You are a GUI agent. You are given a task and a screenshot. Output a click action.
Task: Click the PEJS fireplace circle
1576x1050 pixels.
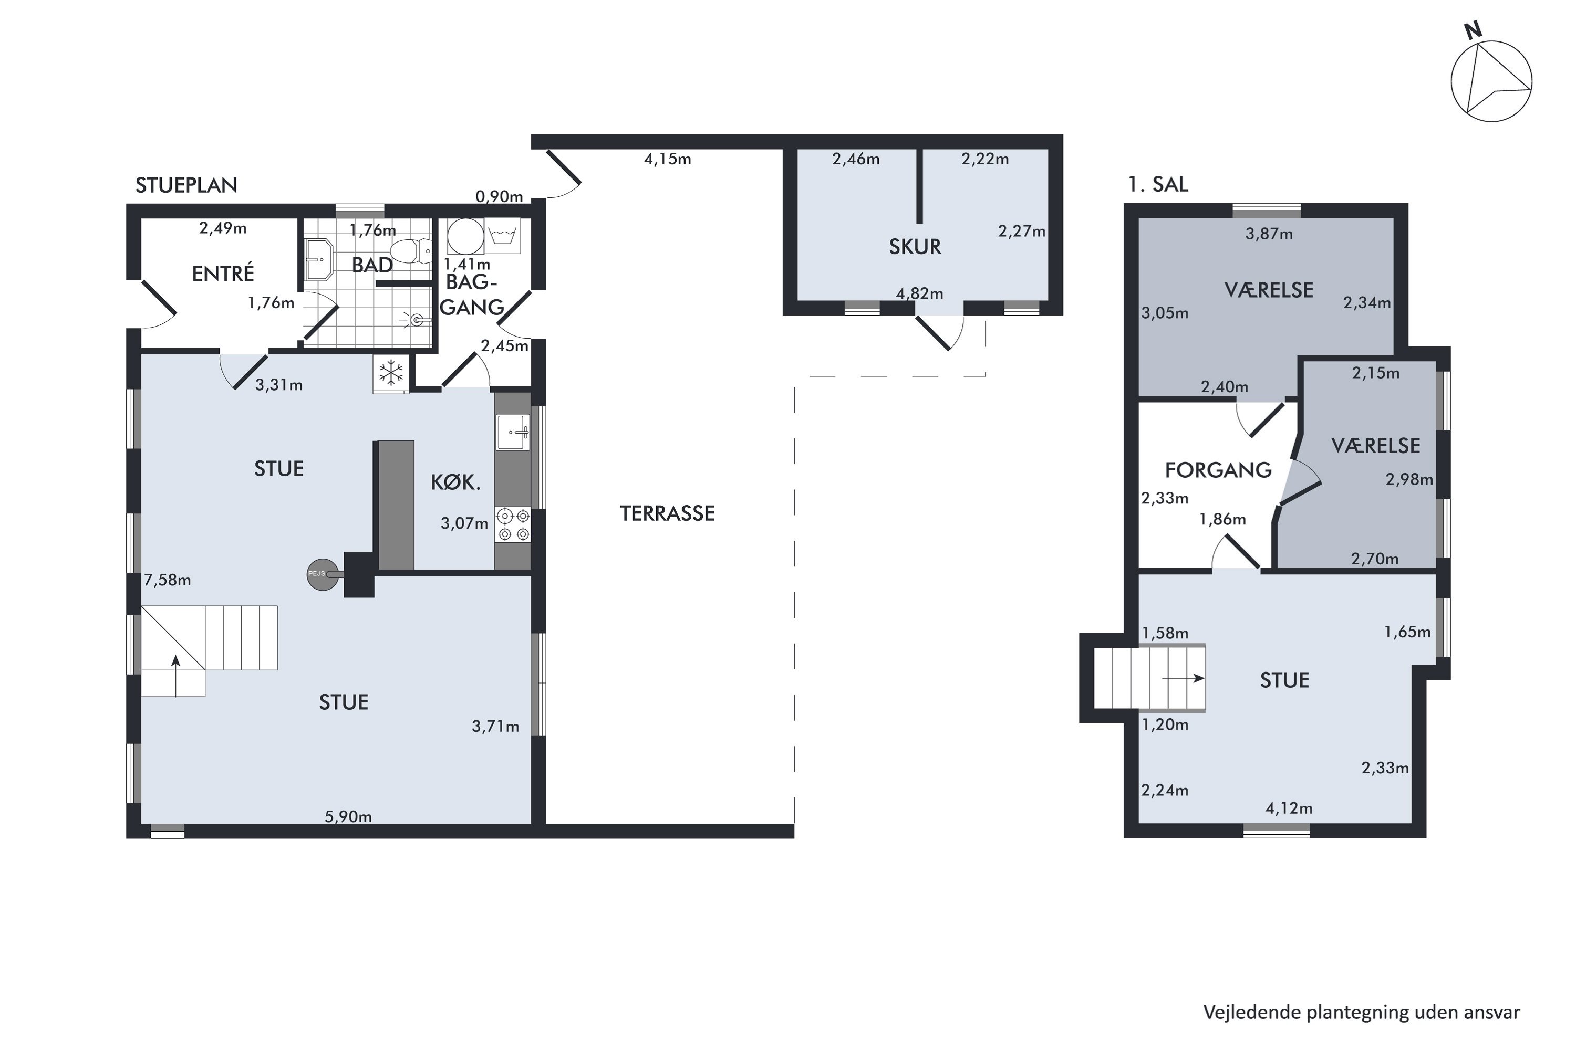pos(323,574)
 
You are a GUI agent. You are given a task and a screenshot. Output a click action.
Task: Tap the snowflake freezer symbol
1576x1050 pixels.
pos(391,373)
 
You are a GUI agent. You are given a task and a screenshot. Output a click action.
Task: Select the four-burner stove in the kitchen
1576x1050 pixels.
pos(513,525)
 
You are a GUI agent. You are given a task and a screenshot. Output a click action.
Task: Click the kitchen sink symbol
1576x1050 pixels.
pos(513,432)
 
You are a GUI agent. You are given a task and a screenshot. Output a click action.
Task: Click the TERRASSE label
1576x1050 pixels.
pos(667,513)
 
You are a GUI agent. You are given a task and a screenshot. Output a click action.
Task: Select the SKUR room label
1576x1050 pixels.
pos(915,247)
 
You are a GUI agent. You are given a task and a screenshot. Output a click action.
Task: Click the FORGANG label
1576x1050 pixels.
pos(1218,470)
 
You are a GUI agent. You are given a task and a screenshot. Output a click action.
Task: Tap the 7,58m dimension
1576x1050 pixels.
pos(168,581)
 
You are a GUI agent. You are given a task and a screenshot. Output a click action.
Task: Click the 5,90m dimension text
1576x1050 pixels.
pos(348,816)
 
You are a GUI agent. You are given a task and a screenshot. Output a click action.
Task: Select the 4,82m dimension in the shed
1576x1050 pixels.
pos(920,293)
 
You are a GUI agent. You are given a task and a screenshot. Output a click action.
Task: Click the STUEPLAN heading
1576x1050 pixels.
pos(186,185)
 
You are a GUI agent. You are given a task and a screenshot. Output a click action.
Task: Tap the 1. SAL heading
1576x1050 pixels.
pos(1158,184)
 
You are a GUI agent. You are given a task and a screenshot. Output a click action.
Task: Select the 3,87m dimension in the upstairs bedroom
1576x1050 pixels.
pos(1269,234)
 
